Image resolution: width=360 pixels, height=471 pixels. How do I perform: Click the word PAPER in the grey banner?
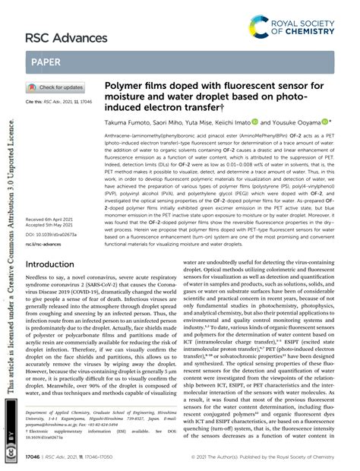(48, 62)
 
